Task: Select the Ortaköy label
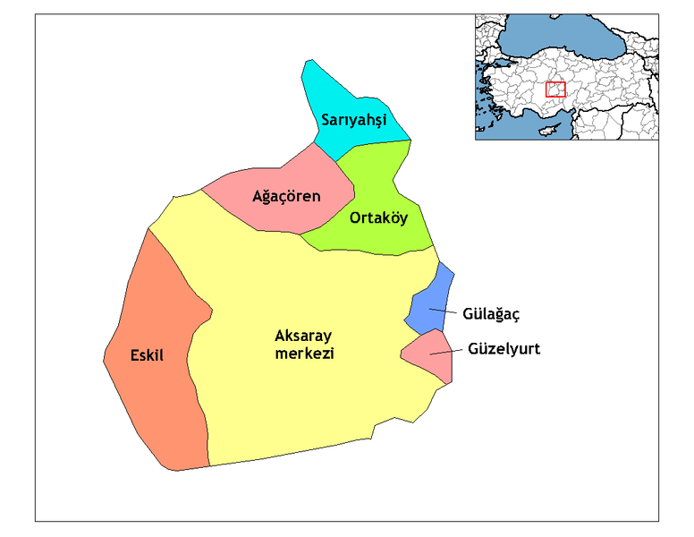[378, 217]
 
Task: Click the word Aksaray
[303, 337]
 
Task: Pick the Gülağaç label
[491, 314]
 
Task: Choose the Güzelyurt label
[504, 349]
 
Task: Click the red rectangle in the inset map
[555, 89]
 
